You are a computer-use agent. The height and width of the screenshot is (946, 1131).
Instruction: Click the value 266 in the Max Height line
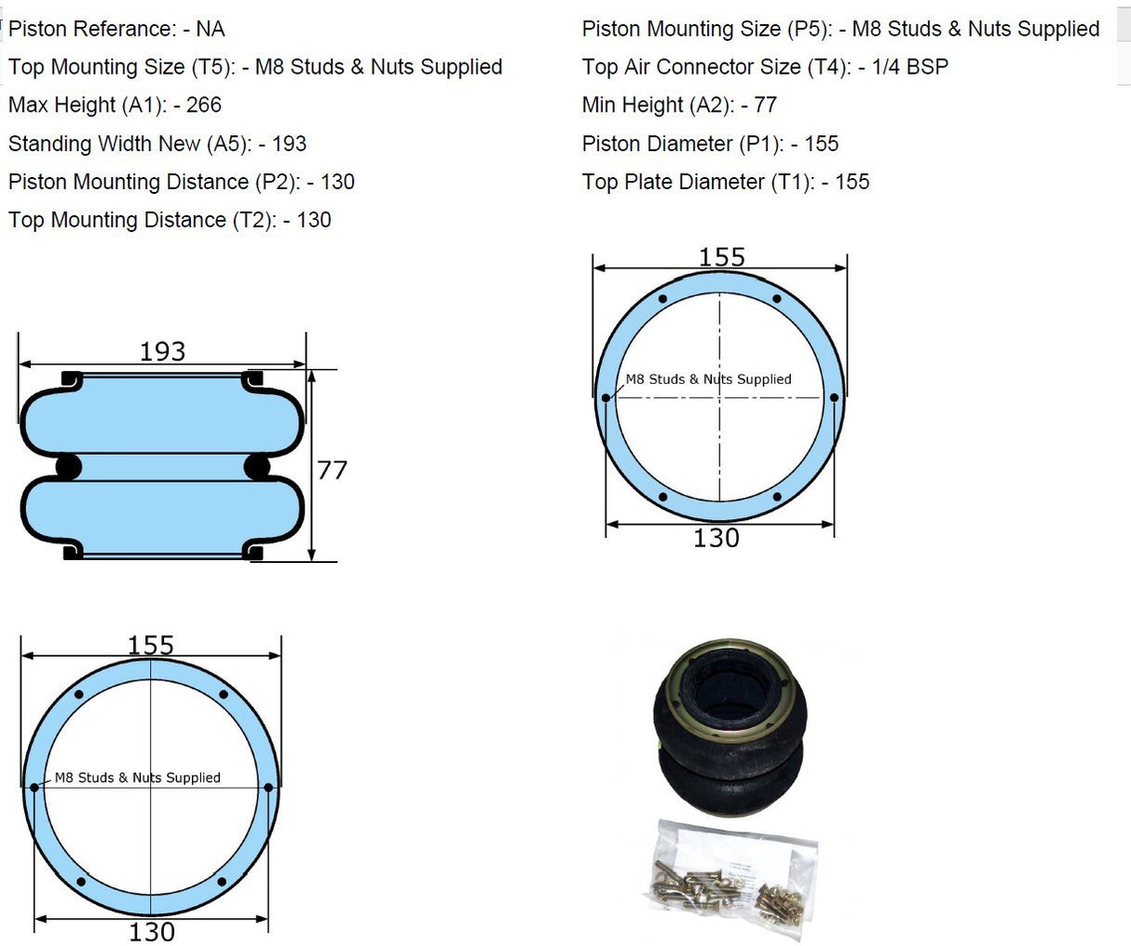click(203, 105)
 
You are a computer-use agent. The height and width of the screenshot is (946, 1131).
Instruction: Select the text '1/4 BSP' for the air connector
click(909, 67)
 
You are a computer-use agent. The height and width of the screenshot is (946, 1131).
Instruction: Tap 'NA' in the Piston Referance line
click(210, 29)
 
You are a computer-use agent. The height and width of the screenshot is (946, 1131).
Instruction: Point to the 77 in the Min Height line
click(765, 105)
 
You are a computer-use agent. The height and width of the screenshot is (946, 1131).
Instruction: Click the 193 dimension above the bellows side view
click(162, 351)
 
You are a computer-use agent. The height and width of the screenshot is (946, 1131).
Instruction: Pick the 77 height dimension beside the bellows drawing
click(332, 470)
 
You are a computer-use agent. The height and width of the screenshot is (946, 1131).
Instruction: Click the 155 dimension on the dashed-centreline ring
click(722, 257)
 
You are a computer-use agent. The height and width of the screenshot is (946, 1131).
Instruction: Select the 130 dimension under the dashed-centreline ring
click(715, 539)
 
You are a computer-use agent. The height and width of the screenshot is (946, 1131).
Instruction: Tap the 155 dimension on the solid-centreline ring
click(151, 645)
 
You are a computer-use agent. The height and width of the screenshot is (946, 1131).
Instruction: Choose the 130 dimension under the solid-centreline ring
click(151, 931)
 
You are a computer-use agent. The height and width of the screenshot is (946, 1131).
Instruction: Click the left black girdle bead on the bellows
click(69, 466)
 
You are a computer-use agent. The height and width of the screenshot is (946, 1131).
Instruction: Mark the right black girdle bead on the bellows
click(256, 466)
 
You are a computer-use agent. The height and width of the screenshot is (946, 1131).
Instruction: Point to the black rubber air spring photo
click(729, 728)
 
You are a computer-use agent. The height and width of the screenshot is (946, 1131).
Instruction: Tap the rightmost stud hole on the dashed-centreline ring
click(834, 398)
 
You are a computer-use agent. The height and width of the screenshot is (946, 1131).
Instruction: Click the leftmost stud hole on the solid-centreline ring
click(34, 788)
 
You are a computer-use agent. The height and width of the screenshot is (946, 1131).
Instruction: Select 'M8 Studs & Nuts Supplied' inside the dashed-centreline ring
click(708, 379)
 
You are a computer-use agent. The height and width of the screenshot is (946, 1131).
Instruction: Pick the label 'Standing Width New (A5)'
click(129, 144)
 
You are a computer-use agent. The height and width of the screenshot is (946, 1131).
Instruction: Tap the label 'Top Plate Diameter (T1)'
click(698, 182)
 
